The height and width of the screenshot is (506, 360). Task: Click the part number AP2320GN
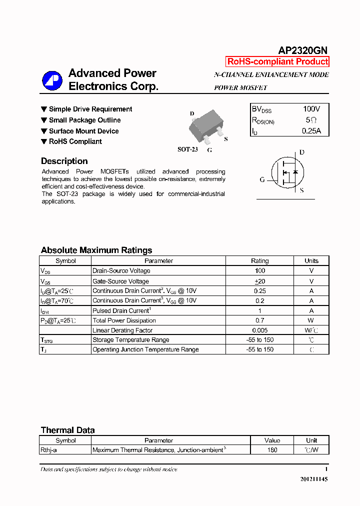click(302, 50)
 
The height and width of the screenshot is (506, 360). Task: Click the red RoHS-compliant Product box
click(277, 61)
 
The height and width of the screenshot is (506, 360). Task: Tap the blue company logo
click(52, 80)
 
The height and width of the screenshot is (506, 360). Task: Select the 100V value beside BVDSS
click(311, 109)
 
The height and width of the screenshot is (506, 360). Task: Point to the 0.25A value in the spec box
click(311, 131)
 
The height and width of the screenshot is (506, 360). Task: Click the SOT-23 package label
click(187, 149)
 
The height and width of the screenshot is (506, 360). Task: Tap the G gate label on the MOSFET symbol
click(262, 179)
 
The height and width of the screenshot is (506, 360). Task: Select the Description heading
click(64, 161)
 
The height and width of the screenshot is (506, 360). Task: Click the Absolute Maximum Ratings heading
click(96, 250)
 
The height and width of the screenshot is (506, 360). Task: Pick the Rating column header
click(259, 260)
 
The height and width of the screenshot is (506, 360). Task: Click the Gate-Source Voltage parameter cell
click(120, 281)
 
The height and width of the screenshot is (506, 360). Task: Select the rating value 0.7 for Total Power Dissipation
click(259, 320)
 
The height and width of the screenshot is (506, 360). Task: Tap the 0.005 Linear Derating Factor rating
click(259, 330)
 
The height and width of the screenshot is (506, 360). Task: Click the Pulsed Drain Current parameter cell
click(121, 310)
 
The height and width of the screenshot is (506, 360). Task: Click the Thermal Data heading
click(67, 430)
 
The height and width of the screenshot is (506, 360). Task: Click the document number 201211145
click(314, 479)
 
